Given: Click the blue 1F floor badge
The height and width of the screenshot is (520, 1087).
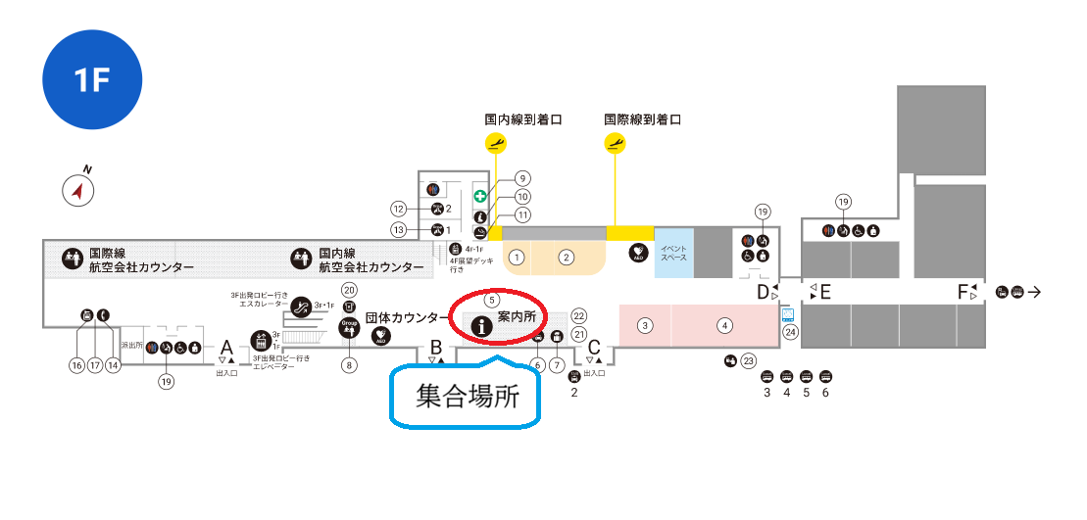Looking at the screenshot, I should coord(93,80).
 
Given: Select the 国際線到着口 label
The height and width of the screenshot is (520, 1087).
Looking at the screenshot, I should coord(642,119).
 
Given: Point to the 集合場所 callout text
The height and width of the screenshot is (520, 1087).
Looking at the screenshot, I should coord(466,398).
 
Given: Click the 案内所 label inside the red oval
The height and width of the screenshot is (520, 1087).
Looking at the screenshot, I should coord(517,317).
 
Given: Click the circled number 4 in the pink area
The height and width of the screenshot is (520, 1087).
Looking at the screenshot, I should coord(724,325).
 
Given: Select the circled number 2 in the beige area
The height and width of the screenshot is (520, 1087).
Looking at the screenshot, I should coord(566,258).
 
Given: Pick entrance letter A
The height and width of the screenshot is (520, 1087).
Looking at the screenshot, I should coord(226,348).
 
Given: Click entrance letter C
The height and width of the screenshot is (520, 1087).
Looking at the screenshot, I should coord(594,347).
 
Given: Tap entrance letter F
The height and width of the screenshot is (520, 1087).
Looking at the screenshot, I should coord(964,292).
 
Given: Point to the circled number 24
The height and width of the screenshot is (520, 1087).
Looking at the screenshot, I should coord(791,332).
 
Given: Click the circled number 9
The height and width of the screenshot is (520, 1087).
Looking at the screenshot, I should coord(522,178).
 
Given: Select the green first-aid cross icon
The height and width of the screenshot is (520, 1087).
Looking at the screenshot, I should coord(480,196).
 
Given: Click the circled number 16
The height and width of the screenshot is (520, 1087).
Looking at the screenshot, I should coord(75,365).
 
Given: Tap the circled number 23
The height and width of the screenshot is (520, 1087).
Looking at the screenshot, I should coord(748,360).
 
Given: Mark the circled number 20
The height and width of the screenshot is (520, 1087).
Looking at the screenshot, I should coord(349,289).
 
